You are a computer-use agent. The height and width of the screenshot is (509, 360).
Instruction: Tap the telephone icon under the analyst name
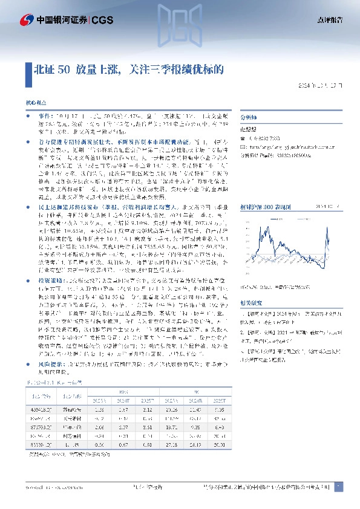(x=246, y=138)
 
